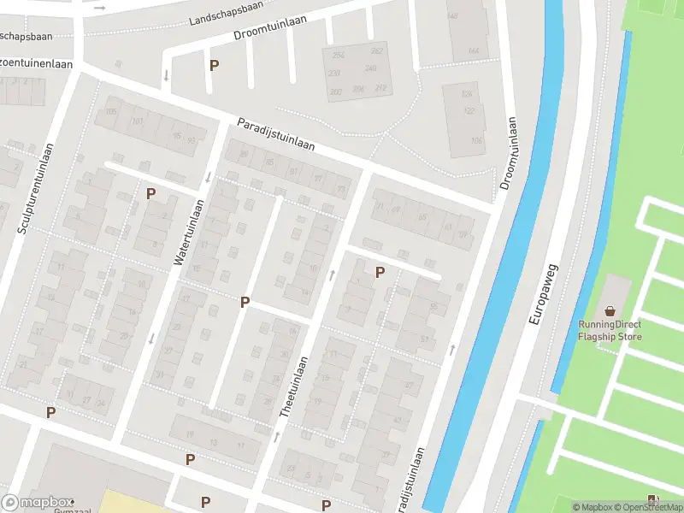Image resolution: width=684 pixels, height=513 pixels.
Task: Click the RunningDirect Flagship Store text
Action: coord(610,330)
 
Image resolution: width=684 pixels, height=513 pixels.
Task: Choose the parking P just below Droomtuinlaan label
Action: coord(214,65)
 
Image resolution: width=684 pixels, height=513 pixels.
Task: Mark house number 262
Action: coord(376,51)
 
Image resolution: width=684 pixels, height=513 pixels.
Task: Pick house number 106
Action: coord(477,140)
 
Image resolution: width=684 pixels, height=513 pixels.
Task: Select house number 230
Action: coord(335,73)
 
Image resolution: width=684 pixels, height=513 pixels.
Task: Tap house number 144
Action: coord(473,51)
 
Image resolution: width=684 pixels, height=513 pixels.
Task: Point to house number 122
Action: coord(469,110)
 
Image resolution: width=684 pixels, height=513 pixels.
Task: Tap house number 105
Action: coord(110,112)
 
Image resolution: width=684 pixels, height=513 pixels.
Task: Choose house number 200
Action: coord(335,91)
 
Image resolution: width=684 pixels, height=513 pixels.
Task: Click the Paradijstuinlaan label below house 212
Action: coord(276,134)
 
